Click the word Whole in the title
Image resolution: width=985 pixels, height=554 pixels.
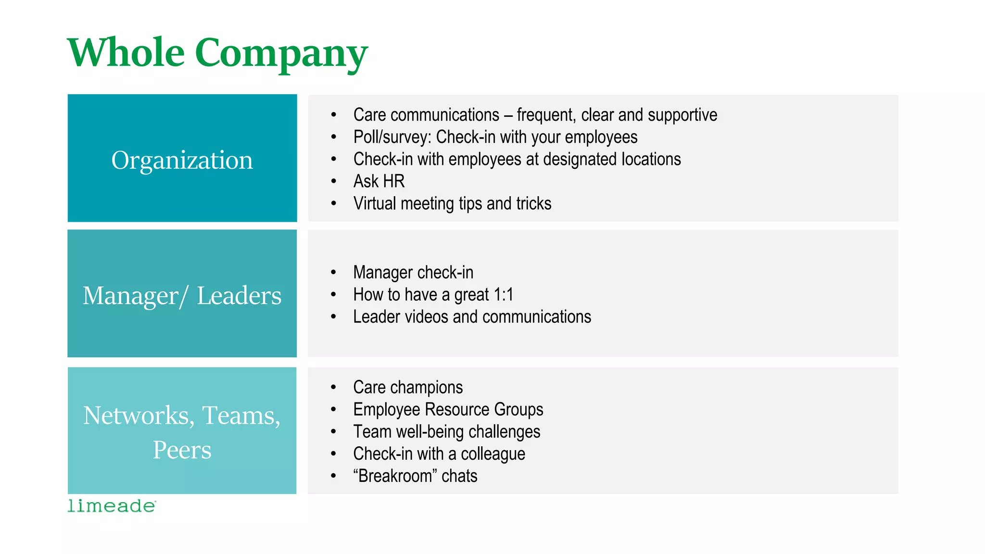126,52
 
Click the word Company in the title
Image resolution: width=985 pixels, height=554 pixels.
281,54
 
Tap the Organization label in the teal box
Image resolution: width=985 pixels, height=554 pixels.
182,160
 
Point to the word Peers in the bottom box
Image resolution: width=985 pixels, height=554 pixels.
182,450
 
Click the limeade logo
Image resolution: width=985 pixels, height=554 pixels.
112,506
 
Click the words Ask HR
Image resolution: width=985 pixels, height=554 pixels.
379,181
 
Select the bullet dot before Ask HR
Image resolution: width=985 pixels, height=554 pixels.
334,181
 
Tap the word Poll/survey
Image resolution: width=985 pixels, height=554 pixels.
392,138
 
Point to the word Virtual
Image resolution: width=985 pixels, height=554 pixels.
375,203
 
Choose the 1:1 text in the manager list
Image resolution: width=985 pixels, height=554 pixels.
503,294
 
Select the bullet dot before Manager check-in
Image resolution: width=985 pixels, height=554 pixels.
334,273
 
